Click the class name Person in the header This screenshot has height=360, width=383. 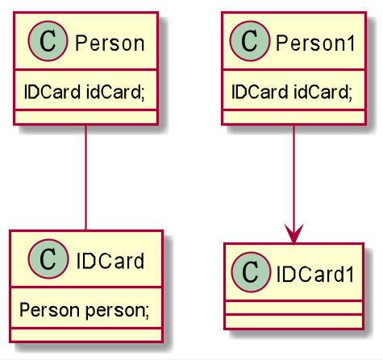[110, 43]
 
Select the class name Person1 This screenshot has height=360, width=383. [316, 43]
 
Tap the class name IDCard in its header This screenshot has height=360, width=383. [110, 261]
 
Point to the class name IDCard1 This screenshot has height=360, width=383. [315, 274]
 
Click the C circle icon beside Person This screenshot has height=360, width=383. [48, 41]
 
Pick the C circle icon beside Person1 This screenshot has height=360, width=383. [249, 41]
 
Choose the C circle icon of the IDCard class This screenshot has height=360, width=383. [48, 259]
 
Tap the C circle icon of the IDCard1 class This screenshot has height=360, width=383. [251, 272]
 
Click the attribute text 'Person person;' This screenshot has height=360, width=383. [85, 310]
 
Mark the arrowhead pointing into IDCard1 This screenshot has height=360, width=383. [294, 234]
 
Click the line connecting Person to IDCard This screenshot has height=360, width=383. [85, 177]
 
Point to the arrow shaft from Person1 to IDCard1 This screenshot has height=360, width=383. [294, 184]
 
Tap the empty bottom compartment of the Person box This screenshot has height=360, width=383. [85, 118]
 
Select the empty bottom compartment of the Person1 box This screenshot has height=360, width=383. [294, 118]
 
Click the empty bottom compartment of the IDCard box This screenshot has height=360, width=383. [86, 335]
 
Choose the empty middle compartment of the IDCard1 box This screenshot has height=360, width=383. [294, 308]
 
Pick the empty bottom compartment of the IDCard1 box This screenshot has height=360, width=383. [294, 322]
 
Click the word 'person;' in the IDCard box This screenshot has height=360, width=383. [117, 311]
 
